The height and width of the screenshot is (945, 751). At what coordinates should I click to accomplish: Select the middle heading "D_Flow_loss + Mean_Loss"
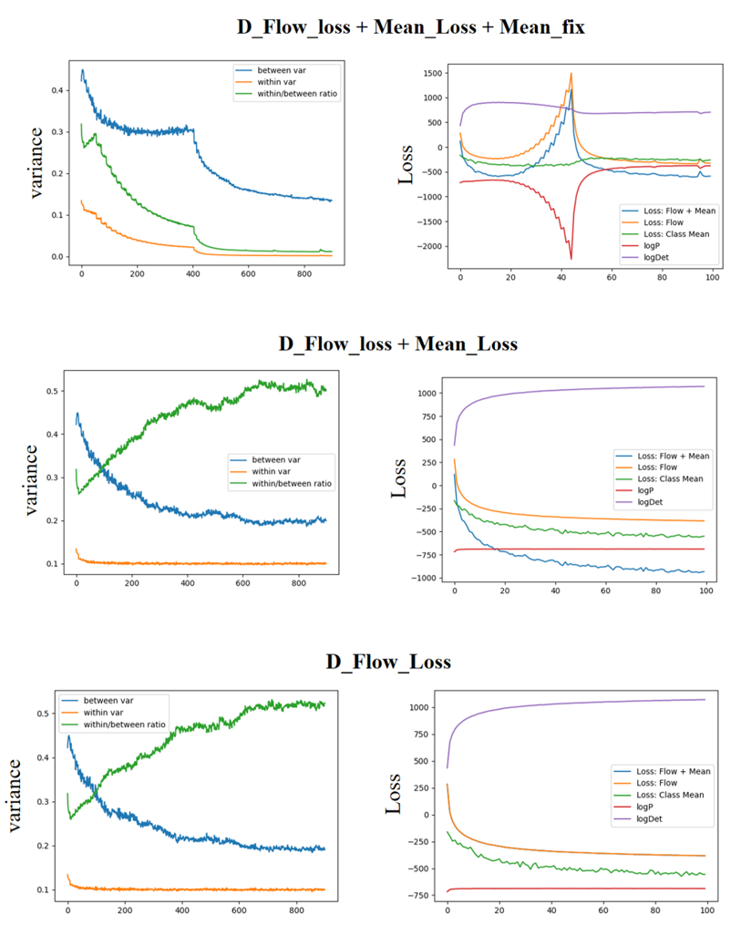tap(397, 344)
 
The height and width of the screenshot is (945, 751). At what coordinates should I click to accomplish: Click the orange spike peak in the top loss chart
tap(571, 74)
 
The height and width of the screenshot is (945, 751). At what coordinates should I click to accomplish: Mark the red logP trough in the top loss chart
tap(571, 259)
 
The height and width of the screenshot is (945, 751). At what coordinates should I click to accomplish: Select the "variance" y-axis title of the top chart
tap(36, 161)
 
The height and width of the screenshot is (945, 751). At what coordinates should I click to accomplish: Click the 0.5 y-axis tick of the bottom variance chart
tap(46, 714)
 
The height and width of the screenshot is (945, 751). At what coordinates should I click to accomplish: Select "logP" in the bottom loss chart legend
tap(634, 807)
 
